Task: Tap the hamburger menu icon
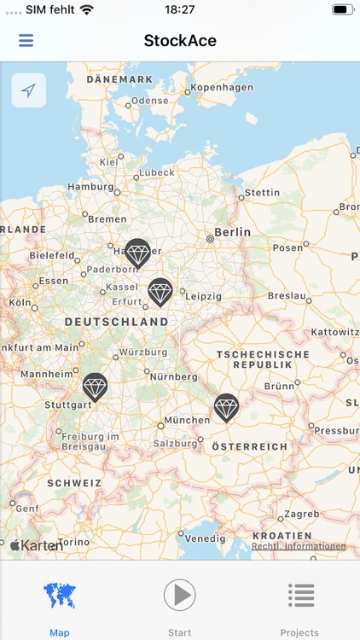click(26, 41)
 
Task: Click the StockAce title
click(180, 41)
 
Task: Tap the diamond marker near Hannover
click(137, 253)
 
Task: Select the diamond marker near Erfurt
click(160, 292)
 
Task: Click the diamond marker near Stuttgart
click(95, 387)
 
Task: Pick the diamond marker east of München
click(226, 407)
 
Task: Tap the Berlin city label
click(232, 231)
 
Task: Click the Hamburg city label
click(90, 187)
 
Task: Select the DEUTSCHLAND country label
click(116, 322)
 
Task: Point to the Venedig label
click(206, 538)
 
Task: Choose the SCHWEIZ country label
click(74, 483)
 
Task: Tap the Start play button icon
click(180, 595)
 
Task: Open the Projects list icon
click(300, 595)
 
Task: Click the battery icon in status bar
click(343, 9)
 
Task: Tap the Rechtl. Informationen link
click(299, 546)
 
